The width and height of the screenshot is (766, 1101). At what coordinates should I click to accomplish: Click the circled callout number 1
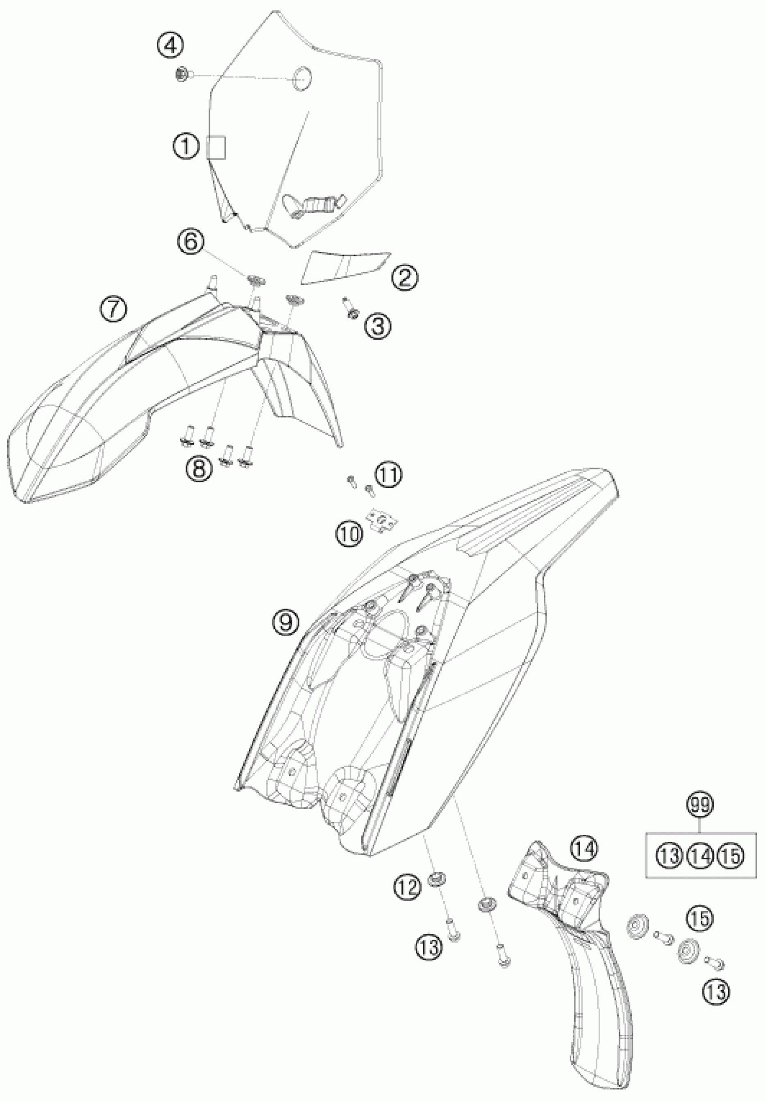(187, 146)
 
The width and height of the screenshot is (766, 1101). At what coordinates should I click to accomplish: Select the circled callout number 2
(404, 278)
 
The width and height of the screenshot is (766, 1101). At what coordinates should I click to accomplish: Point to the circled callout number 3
(377, 326)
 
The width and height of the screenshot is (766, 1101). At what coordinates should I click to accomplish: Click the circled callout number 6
(191, 242)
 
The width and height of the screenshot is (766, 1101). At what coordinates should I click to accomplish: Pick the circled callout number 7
(114, 308)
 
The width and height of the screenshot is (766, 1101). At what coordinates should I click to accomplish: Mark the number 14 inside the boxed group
(700, 855)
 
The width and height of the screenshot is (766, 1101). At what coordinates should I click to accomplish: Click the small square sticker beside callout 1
(216, 146)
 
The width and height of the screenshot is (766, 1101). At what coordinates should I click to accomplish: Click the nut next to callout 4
(182, 74)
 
